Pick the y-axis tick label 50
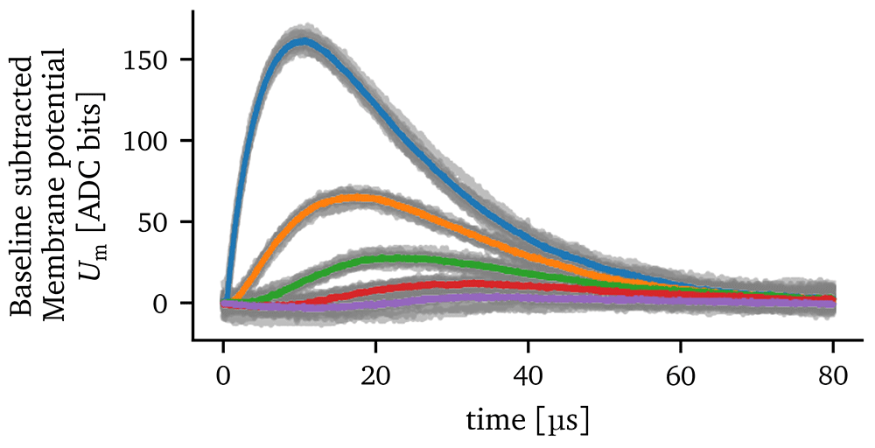click(x=156, y=222)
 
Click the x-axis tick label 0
click(x=223, y=378)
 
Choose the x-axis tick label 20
click(x=375, y=378)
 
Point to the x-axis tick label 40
click(x=528, y=378)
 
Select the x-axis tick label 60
click(x=681, y=378)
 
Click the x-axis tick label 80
click(x=833, y=378)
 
